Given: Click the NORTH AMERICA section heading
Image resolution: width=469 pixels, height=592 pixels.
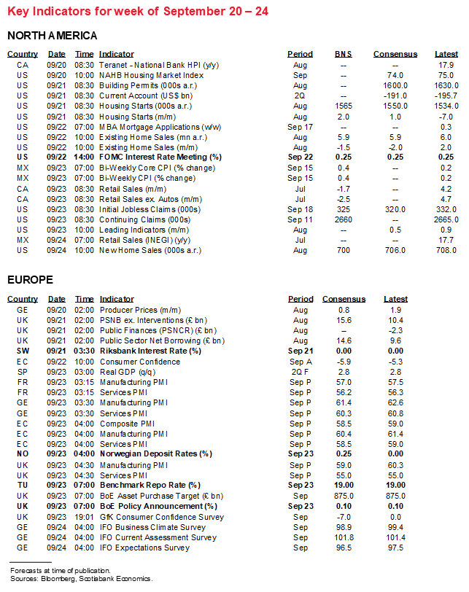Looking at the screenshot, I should coord(52,36).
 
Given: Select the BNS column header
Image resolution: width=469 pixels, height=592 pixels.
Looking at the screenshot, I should coord(343,54).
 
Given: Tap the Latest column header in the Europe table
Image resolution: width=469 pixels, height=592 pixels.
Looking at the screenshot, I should coord(395,299).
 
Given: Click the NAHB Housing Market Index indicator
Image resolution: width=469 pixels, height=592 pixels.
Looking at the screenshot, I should coord(151,75).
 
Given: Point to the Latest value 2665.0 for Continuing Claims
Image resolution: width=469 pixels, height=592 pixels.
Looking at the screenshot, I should coord(444,219).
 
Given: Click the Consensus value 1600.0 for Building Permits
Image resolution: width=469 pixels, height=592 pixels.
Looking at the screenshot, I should coord(395,85).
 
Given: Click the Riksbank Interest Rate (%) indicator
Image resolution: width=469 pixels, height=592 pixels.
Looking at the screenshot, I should coord(150,351).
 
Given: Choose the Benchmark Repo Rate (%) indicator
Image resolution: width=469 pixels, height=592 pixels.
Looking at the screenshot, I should coord(150,485).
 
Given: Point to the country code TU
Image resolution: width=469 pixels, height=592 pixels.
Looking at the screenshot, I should coord(23,485).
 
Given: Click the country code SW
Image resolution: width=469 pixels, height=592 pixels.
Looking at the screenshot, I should coord(23,351).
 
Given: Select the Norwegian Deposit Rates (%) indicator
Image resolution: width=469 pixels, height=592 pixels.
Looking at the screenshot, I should coord(155,453).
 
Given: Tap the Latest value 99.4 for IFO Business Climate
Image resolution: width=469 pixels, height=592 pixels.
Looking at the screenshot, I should coord(395,526).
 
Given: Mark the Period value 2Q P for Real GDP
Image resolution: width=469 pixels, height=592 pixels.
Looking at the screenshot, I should coord(300,371).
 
